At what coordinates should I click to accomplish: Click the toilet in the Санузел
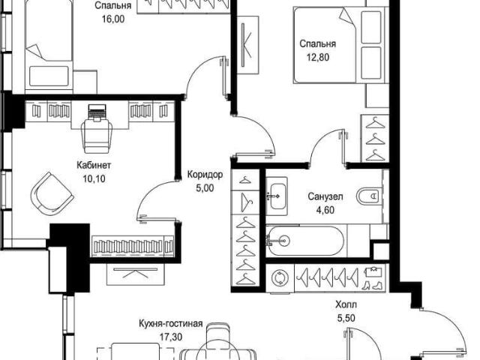(x=368, y=196)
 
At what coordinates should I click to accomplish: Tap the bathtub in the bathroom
(x=305, y=241)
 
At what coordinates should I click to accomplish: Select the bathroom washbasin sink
(x=277, y=196)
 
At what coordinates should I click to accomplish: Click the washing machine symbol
(x=280, y=278)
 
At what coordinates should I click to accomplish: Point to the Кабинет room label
(x=93, y=166)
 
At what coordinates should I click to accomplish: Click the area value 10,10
(x=94, y=178)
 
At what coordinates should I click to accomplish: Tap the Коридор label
(x=205, y=175)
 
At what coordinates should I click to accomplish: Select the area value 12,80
(x=318, y=57)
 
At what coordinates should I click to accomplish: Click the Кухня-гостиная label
(x=170, y=323)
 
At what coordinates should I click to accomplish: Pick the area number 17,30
(x=171, y=337)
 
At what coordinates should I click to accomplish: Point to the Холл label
(x=346, y=304)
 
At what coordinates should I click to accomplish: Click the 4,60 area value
(x=325, y=210)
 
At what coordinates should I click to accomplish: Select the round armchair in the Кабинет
(x=52, y=194)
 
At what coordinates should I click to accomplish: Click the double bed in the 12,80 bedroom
(x=340, y=45)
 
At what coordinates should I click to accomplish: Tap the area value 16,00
(x=113, y=19)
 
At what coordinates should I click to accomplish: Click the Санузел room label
(x=325, y=196)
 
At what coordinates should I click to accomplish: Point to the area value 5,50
(x=346, y=318)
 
